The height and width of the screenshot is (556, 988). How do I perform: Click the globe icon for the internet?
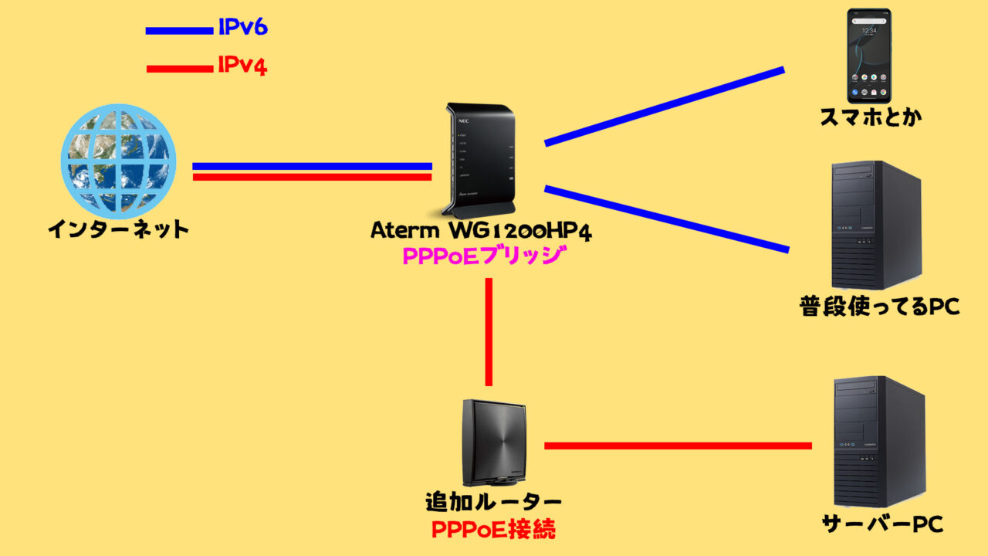click(x=118, y=161)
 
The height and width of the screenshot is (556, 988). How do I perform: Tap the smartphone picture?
click(x=869, y=56)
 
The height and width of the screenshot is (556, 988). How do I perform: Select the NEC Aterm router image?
click(x=479, y=160)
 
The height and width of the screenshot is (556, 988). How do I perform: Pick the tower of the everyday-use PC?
click(x=876, y=225)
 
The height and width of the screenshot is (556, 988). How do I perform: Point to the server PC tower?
click(x=879, y=441)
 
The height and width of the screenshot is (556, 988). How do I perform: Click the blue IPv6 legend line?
click(x=179, y=31)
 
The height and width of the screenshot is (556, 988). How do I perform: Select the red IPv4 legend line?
click(x=179, y=69)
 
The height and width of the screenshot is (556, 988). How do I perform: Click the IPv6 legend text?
click(x=242, y=29)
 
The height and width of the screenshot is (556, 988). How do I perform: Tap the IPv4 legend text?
click(x=242, y=66)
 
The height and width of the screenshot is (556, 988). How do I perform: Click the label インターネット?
click(x=118, y=229)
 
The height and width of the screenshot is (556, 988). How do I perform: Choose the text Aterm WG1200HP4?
click(x=481, y=231)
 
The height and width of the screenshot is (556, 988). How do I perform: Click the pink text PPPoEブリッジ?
click(x=480, y=256)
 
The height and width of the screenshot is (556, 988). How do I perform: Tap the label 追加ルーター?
click(x=493, y=502)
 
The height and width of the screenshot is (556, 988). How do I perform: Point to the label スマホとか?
click(x=871, y=118)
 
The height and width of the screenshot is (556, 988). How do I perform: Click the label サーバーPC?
click(x=882, y=525)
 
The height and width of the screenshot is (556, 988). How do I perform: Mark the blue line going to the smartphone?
click(x=664, y=107)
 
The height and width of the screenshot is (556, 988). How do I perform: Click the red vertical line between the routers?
click(x=489, y=332)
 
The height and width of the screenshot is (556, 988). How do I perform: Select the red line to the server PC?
click(x=678, y=446)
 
